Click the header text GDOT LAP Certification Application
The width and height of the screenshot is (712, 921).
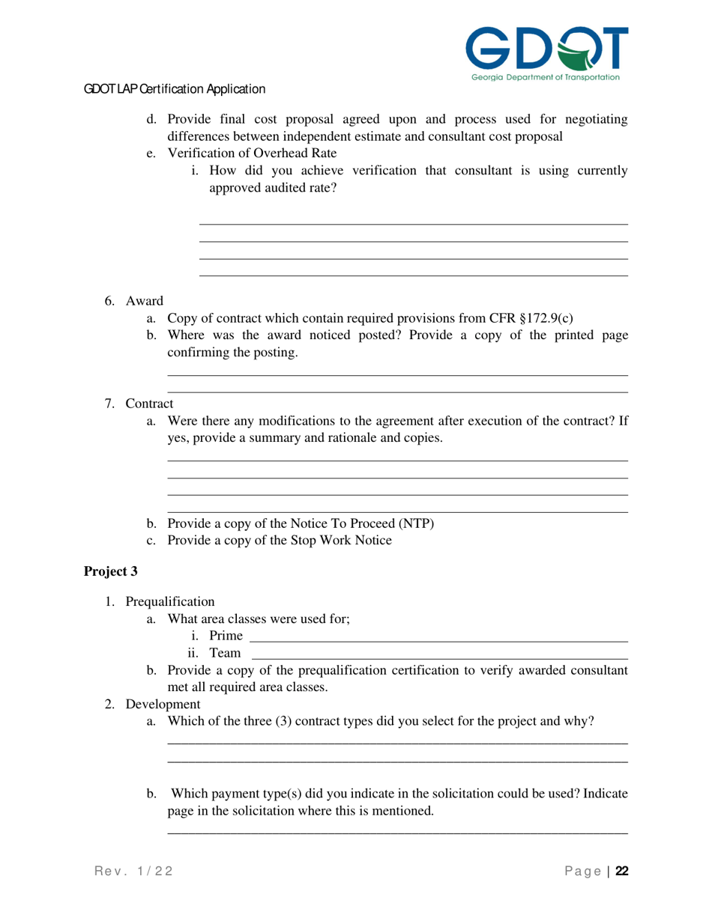[x=175, y=89]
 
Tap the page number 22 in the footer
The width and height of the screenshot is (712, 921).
[x=622, y=871]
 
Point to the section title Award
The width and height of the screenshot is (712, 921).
[x=145, y=301]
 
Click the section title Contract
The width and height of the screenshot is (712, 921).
[x=149, y=404]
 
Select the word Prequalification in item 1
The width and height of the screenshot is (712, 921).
[x=170, y=601]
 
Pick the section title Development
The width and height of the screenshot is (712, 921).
[x=163, y=705]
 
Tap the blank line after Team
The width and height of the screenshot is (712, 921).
[x=439, y=658]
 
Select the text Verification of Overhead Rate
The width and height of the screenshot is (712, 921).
[x=252, y=153]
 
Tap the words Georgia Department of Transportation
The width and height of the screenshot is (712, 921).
[x=546, y=77]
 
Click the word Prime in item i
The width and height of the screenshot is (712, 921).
[x=226, y=636]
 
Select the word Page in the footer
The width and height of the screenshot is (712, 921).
[x=583, y=871]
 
